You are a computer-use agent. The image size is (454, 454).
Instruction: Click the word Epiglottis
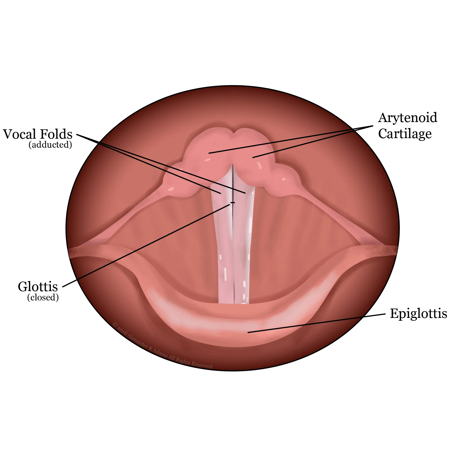coord(418,314)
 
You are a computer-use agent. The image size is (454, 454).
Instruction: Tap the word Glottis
coord(38,287)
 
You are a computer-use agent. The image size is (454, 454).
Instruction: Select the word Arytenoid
coord(408,118)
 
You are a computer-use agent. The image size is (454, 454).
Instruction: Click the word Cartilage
coord(405,134)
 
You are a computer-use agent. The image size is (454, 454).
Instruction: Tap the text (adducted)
coord(50,145)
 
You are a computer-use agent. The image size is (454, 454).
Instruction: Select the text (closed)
coord(43,298)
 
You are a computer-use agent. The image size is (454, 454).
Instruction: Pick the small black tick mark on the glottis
coord(232,203)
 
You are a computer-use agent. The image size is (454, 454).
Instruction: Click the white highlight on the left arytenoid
coord(208,160)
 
